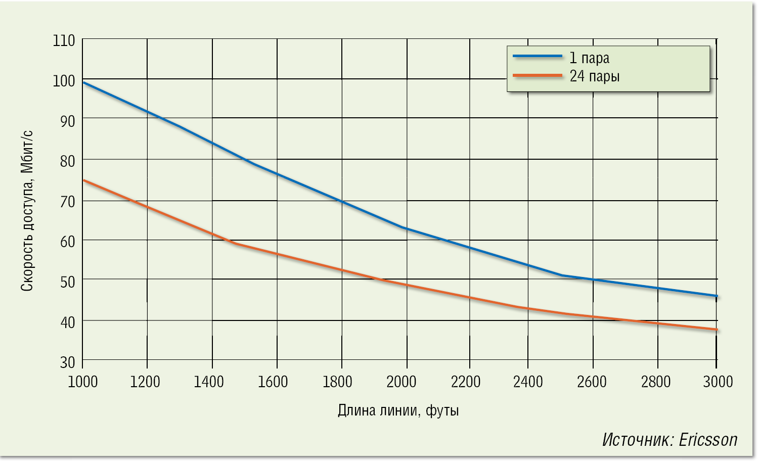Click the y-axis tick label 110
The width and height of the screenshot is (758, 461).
[x=64, y=40]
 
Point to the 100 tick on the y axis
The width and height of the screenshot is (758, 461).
[x=64, y=80]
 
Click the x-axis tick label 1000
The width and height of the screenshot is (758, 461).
[x=82, y=382]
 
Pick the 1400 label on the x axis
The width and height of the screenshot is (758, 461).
[x=209, y=382]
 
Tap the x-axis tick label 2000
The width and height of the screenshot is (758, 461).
[x=402, y=382]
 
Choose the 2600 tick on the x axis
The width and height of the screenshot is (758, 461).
[x=592, y=382]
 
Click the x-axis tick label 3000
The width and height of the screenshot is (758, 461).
[x=718, y=382]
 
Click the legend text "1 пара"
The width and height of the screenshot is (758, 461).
[x=590, y=58]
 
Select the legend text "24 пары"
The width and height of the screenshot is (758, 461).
[x=595, y=76]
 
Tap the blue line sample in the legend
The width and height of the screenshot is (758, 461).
[x=537, y=56]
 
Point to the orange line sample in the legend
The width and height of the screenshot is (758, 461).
[x=537, y=75]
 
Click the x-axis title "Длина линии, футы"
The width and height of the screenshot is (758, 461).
[x=398, y=410]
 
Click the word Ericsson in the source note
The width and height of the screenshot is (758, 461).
[x=708, y=440]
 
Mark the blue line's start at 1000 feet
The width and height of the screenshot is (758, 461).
[x=83, y=82]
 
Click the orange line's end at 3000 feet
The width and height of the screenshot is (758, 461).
[x=717, y=330]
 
